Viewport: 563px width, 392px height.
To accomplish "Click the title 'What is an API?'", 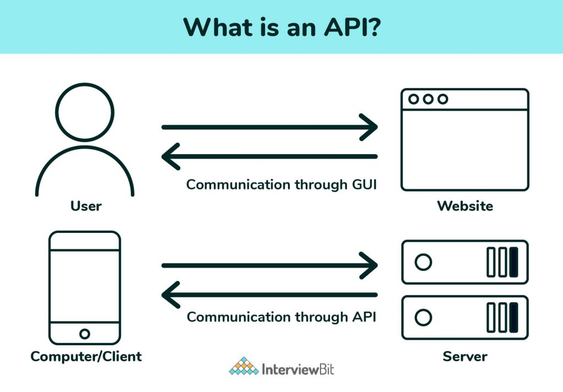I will point(281,27).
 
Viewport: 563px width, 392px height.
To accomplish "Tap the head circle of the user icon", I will point(85,113).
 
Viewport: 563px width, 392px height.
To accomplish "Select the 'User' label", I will point(86,206).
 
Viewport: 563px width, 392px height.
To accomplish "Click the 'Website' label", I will point(465,206).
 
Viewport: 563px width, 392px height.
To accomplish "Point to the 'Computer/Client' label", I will point(86,356).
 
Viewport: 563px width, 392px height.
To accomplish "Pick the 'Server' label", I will point(465,356).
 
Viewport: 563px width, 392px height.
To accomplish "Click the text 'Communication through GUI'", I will point(281,184).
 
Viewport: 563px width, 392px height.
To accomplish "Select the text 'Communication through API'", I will point(281,317).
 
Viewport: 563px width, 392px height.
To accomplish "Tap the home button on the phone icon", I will point(85,334).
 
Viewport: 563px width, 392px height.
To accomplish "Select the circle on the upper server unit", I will point(423,262).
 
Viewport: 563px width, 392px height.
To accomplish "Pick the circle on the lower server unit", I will point(423,318).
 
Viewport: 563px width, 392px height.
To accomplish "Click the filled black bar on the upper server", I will point(514,262).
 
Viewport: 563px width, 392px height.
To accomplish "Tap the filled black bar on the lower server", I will point(514,318).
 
